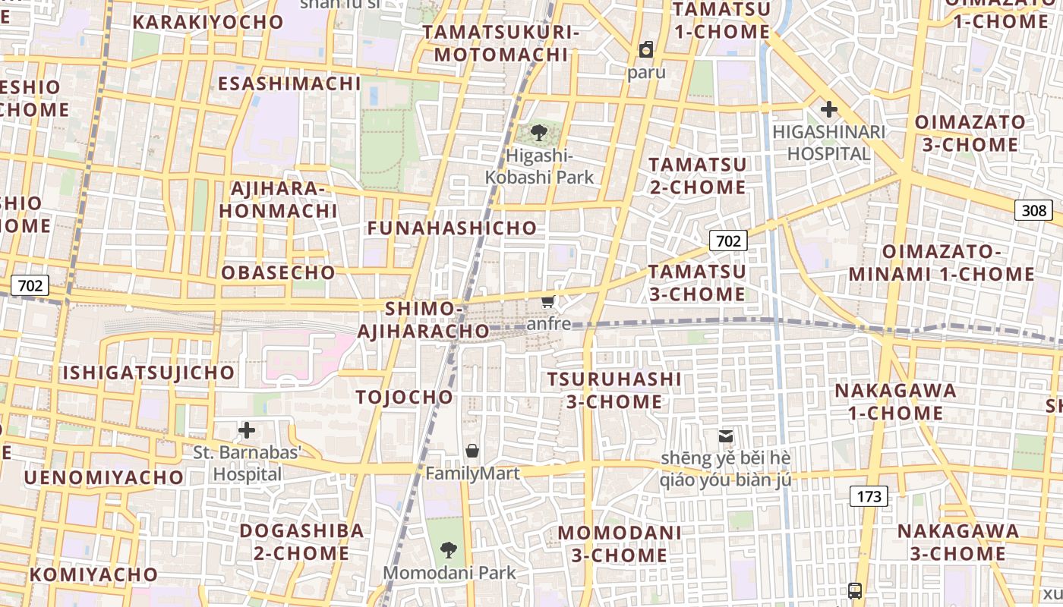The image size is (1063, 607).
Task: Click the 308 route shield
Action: pyautogui.click(x=1033, y=210)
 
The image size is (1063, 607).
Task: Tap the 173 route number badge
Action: pyautogui.click(x=869, y=496)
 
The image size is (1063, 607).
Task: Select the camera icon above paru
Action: pyautogui.click(x=646, y=50)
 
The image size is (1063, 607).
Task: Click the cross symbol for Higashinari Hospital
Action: pyautogui.click(x=828, y=109)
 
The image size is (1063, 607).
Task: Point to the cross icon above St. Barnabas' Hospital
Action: pyautogui.click(x=247, y=431)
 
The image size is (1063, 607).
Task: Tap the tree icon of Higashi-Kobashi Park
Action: pyautogui.click(x=539, y=134)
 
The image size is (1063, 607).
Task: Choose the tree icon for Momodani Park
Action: pyautogui.click(x=449, y=549)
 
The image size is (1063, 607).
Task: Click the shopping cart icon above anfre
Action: pyautogui.click(x=548, y=302)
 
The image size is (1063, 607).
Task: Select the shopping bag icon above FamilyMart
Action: pyautogui.click(x=472, y=451)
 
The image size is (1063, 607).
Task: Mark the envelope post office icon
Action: pyautogui.click(x=726, y=436)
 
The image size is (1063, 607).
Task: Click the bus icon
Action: pyautogui.click(x=855, y=590)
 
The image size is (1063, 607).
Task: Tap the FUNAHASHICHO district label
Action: pyautogui.click(x=452, y=228)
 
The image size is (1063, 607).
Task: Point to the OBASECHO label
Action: pyautogui.click(x=278, y=272)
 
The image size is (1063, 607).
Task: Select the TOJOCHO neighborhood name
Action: pyautogui.click(x=404, y=397)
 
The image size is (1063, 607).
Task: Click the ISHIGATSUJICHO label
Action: pyautogui.click(x=149, y=373)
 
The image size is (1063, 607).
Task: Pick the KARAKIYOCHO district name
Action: pyautogui.click(x=208, y=22)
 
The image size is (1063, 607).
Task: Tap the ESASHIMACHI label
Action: pyautogui.click(x=289, y=83)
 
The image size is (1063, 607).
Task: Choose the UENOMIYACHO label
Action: pyautogui.click(x=104, y=477)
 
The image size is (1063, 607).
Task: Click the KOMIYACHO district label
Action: pyautogui.click(x=93, y=574)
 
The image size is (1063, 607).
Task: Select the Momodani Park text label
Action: pyautogui.click(x=449, y=573)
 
